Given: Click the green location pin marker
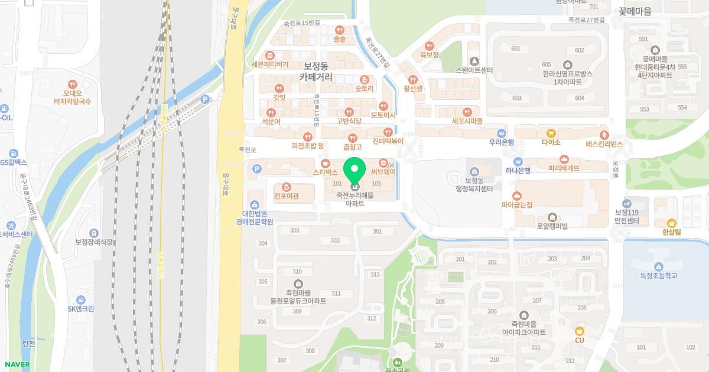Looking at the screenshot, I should [x=354, y=169].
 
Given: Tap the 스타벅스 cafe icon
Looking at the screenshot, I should [x=325, y=163].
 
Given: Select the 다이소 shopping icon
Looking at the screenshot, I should [x=551, y=133].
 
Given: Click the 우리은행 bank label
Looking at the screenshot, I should [x=502, y=142].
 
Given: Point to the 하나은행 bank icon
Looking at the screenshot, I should [x=518, y=161].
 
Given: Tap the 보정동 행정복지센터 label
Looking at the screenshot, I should [x=470, y=185].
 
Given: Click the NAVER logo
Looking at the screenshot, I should [x=16, y=364].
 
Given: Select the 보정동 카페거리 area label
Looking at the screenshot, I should [x=316, y=71].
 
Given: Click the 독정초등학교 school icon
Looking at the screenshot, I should [x=658, y=266].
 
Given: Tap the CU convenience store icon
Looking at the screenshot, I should [x=579, y=331].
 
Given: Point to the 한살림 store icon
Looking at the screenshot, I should [x=672, y=223].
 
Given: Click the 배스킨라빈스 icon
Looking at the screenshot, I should [x=604, y=135].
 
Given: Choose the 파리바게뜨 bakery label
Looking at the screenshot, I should [x=564, y=168].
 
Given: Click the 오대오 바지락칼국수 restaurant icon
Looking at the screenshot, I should [x=73, y=84].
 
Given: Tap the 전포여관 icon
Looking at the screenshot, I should [x=287, y=187].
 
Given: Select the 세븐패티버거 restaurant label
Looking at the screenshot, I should [x=270, y=64].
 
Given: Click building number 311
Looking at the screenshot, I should [x=336, y=293].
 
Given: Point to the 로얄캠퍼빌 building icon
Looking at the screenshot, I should [x=552, y=217].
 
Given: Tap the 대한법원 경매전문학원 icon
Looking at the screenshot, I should [x=255, y=204].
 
